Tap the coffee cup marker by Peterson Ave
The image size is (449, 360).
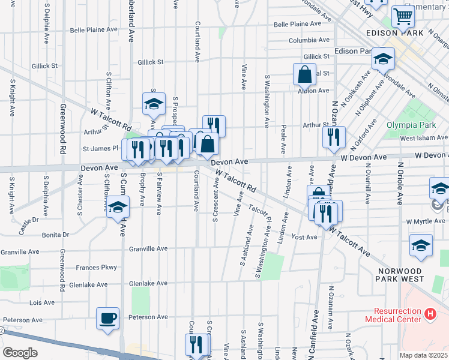coord(108,319)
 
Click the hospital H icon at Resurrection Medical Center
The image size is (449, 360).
coord(430,313)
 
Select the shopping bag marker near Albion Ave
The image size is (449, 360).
coord(305,75)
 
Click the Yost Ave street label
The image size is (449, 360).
coord(304,238)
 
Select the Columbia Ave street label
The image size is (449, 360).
coord(309,40)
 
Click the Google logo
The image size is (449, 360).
coord(20,353)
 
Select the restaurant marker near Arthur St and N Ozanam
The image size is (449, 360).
coord(334,137)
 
